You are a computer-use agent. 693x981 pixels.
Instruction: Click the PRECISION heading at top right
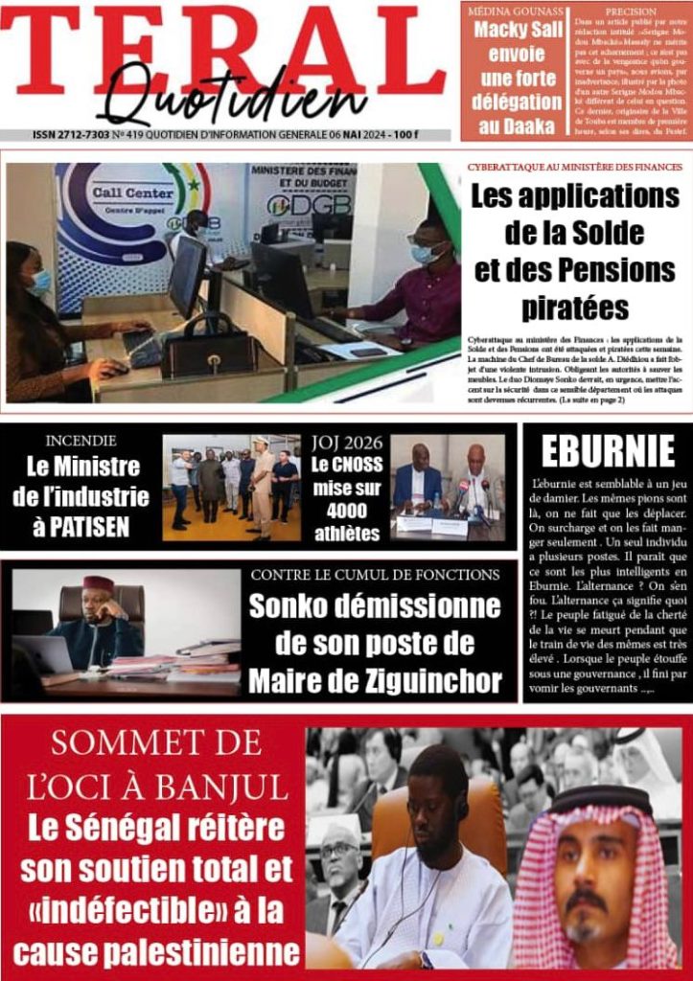[x=631, y=12]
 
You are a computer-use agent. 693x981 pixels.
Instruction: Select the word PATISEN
[x=85, y=526]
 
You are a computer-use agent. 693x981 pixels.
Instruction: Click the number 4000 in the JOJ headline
[x=346, y=512]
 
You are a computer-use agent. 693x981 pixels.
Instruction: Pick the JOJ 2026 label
[x=347, y=444]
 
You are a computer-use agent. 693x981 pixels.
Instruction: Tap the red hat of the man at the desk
[x=98, y=584]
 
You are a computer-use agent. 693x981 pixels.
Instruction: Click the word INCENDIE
[x=81, y=442]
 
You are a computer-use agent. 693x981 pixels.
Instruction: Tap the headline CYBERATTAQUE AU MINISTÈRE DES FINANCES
[x=574, y=167]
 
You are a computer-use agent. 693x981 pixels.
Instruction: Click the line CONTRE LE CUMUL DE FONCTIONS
[x=375, y=576]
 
